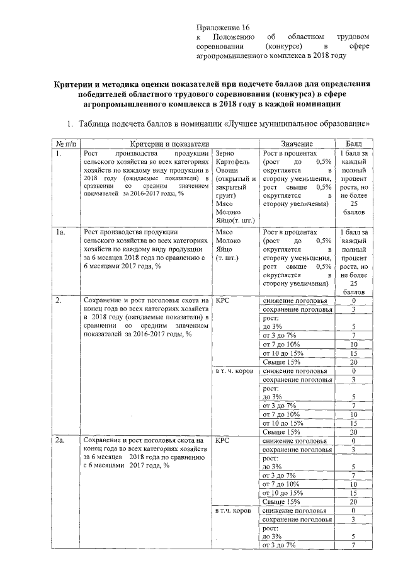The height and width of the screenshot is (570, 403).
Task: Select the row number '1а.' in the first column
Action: (x=61, y=233)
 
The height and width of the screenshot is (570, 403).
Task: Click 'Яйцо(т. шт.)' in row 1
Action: (x=234, y=221)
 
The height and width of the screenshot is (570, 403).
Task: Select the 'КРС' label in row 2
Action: (x=222, y=300)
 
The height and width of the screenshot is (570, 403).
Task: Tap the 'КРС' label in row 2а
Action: (x=222, y=440)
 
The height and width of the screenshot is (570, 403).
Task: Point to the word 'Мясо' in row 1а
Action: (x=224, y=233)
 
